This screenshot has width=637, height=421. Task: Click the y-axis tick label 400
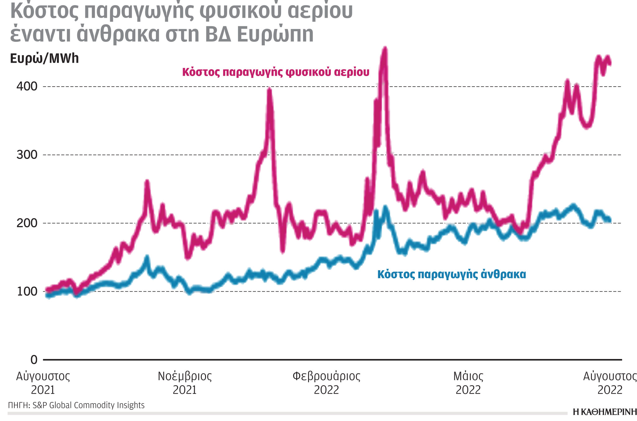pos(27,86)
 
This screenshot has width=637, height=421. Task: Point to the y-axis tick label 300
pos(27,155)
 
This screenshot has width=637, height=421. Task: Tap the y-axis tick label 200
pos(27,223)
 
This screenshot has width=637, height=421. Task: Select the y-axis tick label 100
pos(27,291)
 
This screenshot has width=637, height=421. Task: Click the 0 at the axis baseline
pos(34,360)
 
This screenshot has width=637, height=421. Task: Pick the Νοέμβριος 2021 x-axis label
pos(185,383)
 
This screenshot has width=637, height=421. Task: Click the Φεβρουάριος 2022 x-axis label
pos(326,383)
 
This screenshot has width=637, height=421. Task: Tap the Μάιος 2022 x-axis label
pos(468,383)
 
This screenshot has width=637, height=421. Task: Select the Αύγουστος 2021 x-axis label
pos(43,383)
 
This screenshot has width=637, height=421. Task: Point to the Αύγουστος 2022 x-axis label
pos(610,383)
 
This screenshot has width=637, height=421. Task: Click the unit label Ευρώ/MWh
pos(44,59)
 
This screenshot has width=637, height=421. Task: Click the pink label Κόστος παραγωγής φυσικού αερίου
pos(276,72)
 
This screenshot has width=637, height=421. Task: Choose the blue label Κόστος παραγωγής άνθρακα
pos(452,274)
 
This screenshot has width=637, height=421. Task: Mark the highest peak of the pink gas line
pos(385,49)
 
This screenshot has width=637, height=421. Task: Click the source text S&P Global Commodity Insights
pos(88,405)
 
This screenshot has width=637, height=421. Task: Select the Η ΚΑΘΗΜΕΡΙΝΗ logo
pos(604,412)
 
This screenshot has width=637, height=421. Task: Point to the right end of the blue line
pos(609,220)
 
